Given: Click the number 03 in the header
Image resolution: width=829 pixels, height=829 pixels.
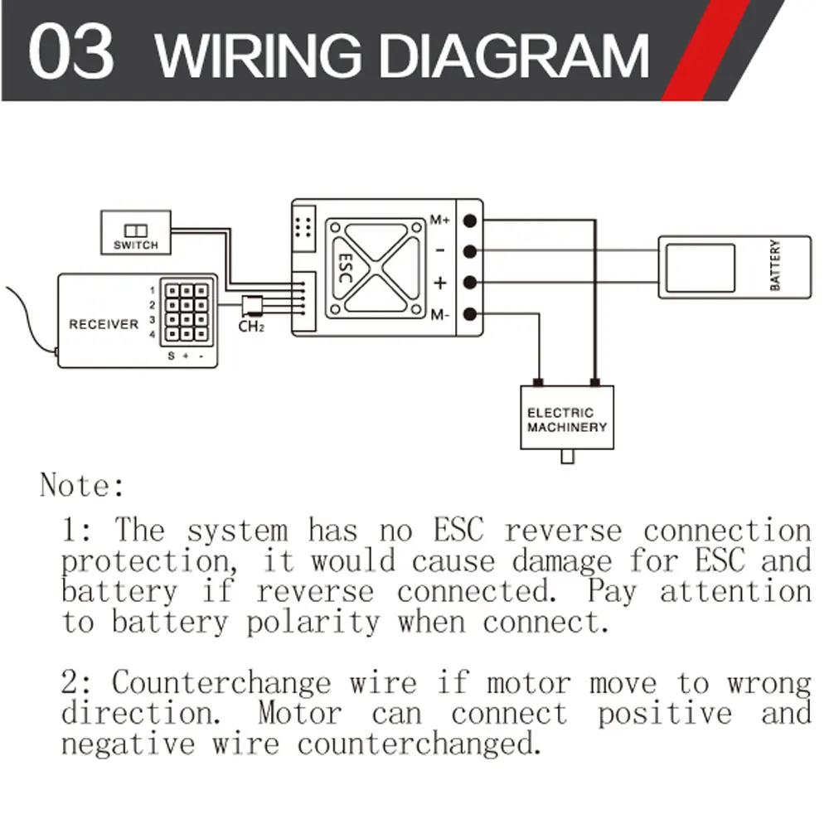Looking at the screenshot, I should (x=70, y=52).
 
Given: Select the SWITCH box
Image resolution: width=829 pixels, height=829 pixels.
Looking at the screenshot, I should (x=135, y=233).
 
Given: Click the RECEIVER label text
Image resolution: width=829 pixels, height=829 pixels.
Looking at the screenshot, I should (x=104, y=324).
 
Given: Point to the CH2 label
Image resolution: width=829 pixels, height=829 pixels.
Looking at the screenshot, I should (x=250, y=327).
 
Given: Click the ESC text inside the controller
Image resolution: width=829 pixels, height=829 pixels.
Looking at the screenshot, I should (x=344, y=268).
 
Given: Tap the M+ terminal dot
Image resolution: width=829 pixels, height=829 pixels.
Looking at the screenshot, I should (x=470, y=221).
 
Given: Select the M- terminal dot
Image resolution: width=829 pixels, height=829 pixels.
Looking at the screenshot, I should (x=470, y=314).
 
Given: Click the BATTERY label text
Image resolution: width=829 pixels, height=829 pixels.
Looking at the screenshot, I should (x=776, y=265).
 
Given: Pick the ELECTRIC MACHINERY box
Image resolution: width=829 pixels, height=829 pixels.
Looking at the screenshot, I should (x=567, y=419).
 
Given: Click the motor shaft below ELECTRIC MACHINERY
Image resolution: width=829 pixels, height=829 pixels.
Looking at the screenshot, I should (x=567, y=456).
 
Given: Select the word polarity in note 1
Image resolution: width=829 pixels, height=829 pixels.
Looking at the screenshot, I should (x=313, y=622).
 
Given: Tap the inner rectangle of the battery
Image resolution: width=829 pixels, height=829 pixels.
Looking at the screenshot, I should (x=700, y=267).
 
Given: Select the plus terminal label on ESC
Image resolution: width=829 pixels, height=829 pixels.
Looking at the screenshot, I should (x=440, y=283).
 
